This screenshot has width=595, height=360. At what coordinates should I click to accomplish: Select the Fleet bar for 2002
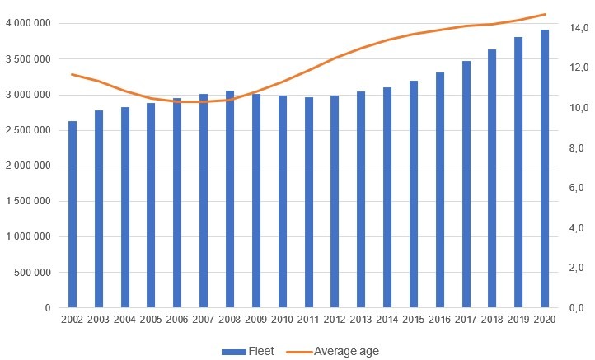click(73, 214)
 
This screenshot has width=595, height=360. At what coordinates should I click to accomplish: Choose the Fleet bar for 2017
click(466, 185)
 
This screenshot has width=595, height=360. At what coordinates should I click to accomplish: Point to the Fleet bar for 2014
click(387, 198)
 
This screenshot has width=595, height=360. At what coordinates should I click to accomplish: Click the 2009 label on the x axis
click(256, 320)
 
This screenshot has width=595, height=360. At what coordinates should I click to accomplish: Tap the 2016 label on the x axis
click(440, 320)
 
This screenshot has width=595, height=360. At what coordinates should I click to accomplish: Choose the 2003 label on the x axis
click(99, 320)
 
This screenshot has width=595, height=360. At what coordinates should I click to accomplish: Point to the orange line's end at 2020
click(545, 14)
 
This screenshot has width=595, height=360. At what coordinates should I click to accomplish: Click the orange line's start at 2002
click(73, 74)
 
